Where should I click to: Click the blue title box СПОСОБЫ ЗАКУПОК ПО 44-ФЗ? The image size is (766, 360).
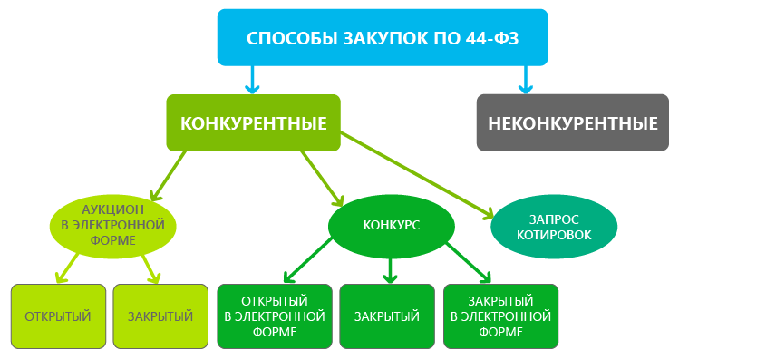[x=383, y=37]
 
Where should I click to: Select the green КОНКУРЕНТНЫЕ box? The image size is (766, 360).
[x=253, y=122]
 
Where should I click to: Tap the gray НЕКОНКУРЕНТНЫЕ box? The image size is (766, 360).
[x=572, y=122]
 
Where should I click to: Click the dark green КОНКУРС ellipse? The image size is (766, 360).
[x=391, y=224]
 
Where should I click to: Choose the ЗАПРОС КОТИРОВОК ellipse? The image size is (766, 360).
[x=553, y=226]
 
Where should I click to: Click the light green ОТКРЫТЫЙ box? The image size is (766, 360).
[x=58, y=316]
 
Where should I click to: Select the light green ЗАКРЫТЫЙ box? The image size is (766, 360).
[x=160, y=316]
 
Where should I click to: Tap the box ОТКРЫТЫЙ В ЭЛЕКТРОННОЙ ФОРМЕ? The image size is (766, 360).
[x=274, y=316]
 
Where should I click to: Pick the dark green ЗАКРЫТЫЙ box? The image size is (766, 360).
[x=386, y=316]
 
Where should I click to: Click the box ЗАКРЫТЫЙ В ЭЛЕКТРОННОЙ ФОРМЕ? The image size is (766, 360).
[x=500, y=316]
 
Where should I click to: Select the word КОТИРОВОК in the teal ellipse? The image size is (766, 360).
[x=553, y=235]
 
